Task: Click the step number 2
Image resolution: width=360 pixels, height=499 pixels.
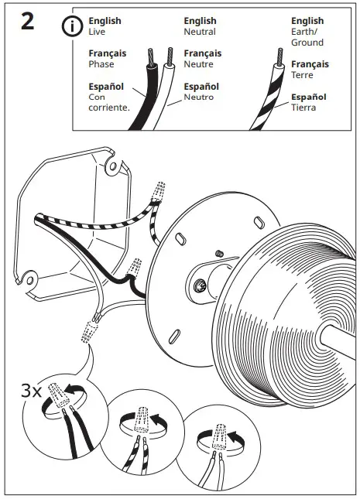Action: click(27, 21)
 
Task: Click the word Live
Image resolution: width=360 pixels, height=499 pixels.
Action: click(98, 32)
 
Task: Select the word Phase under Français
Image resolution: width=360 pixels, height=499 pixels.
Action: click(101, 65)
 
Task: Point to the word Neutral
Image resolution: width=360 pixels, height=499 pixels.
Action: click(200, 32)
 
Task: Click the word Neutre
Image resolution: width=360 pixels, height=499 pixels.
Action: click(199, 65)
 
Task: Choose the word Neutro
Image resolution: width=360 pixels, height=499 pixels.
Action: click(199, 97)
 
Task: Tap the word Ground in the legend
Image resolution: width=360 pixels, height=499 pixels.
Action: click(307, 43)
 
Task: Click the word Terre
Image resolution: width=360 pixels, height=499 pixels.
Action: click(303, 76)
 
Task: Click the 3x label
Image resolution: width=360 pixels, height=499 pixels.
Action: click(31, 391)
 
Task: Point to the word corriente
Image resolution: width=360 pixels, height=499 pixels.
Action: click(108, 108)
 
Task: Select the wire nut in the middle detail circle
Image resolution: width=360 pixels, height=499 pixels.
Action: click(143, 419)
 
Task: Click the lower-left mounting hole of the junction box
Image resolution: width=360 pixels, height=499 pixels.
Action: click(29, 276)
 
